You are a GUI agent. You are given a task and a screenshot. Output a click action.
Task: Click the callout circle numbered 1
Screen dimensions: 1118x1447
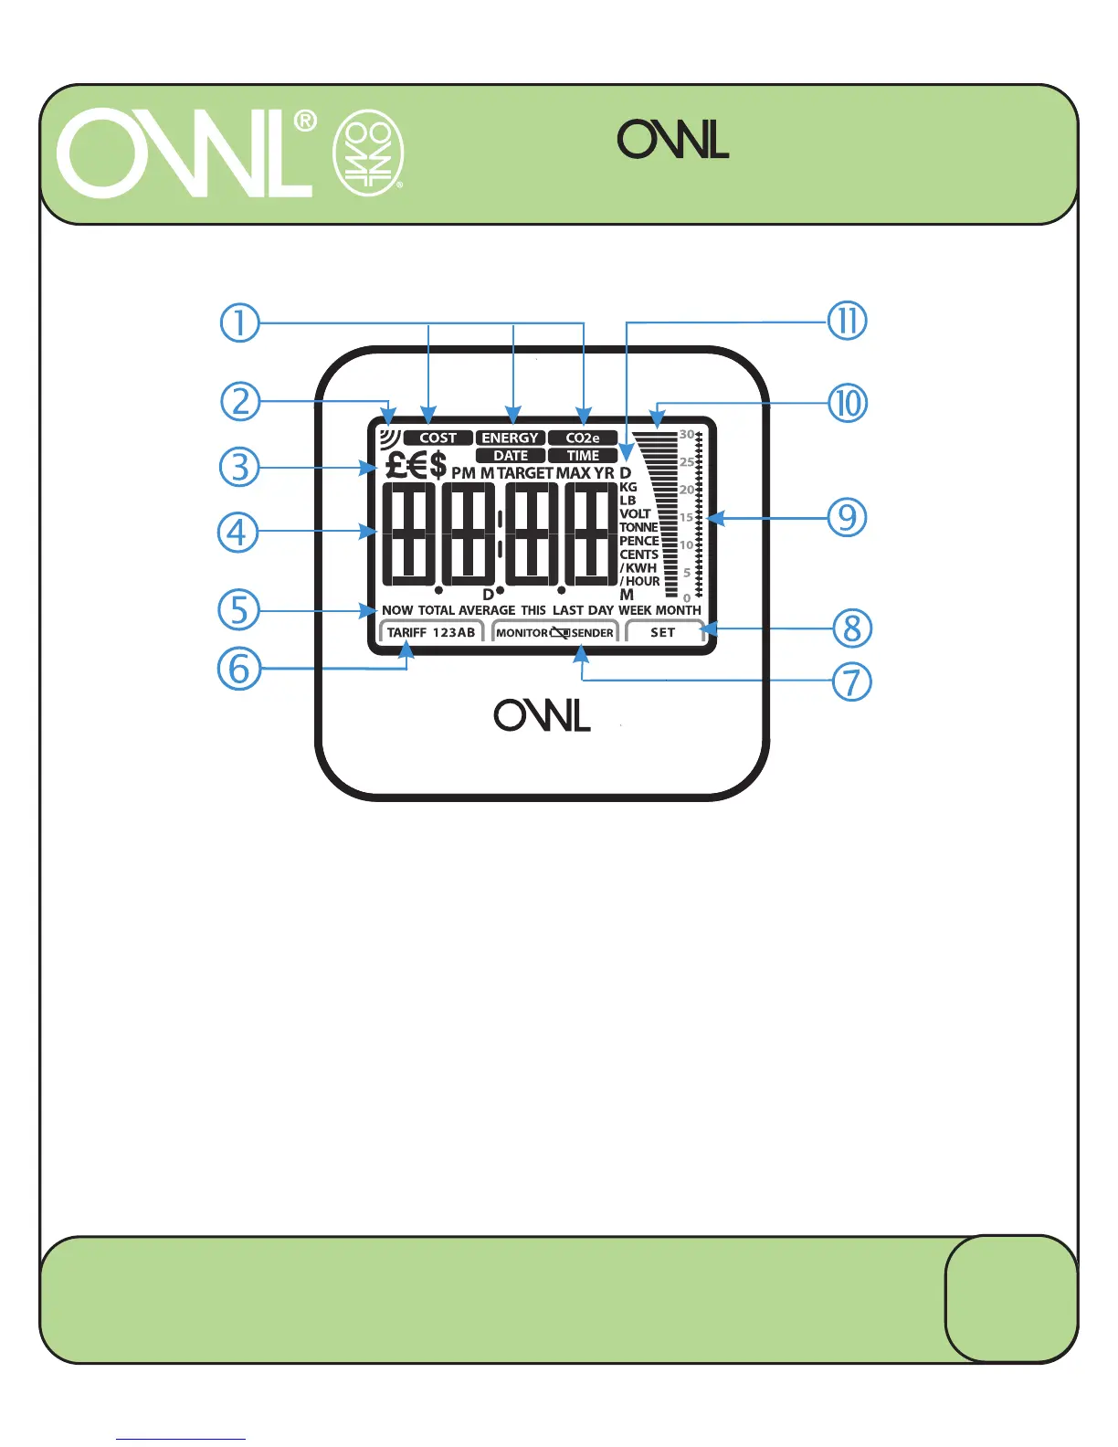coord(240,323)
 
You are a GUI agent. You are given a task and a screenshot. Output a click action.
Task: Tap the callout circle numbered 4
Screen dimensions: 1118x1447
coord(237,532)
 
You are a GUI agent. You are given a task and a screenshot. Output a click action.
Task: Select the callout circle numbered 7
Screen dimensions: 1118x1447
coord(851,681)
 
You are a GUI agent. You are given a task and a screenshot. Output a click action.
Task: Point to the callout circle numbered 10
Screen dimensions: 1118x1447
coord(848,403)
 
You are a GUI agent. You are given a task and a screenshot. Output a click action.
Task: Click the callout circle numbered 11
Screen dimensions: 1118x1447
coord(847,322)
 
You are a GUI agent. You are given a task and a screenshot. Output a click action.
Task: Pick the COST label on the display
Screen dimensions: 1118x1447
coord(438,438)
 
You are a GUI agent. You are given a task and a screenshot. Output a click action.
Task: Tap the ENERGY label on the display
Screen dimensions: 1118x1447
coord(510,438)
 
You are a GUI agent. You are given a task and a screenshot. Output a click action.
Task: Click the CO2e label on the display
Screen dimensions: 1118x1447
coord(583,438)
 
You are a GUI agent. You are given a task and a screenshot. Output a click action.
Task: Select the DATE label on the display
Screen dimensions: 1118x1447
coord(511,456)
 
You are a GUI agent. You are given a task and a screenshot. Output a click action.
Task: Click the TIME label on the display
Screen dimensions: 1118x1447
coord(583,456)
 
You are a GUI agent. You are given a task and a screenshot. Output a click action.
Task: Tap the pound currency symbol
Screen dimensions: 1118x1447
coord(395,466)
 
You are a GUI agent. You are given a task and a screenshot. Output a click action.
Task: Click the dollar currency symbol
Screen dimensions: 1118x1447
coord(438,466)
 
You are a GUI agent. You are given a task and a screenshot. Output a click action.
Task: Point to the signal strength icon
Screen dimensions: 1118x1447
coord(390,437)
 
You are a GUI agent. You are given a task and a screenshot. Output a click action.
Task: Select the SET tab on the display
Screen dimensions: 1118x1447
coord(663,632)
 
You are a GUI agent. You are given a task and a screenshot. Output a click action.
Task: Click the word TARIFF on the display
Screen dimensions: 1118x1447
coord(406,632)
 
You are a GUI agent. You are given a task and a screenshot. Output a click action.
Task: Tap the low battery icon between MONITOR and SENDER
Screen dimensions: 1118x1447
coord(560,632)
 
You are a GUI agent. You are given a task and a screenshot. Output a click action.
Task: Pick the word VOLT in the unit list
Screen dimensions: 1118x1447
coord(635,513)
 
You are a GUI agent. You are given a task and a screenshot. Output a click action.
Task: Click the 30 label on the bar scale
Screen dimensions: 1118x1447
coord(686,435)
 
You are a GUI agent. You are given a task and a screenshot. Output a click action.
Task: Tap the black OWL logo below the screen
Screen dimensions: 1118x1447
coord(543,715)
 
